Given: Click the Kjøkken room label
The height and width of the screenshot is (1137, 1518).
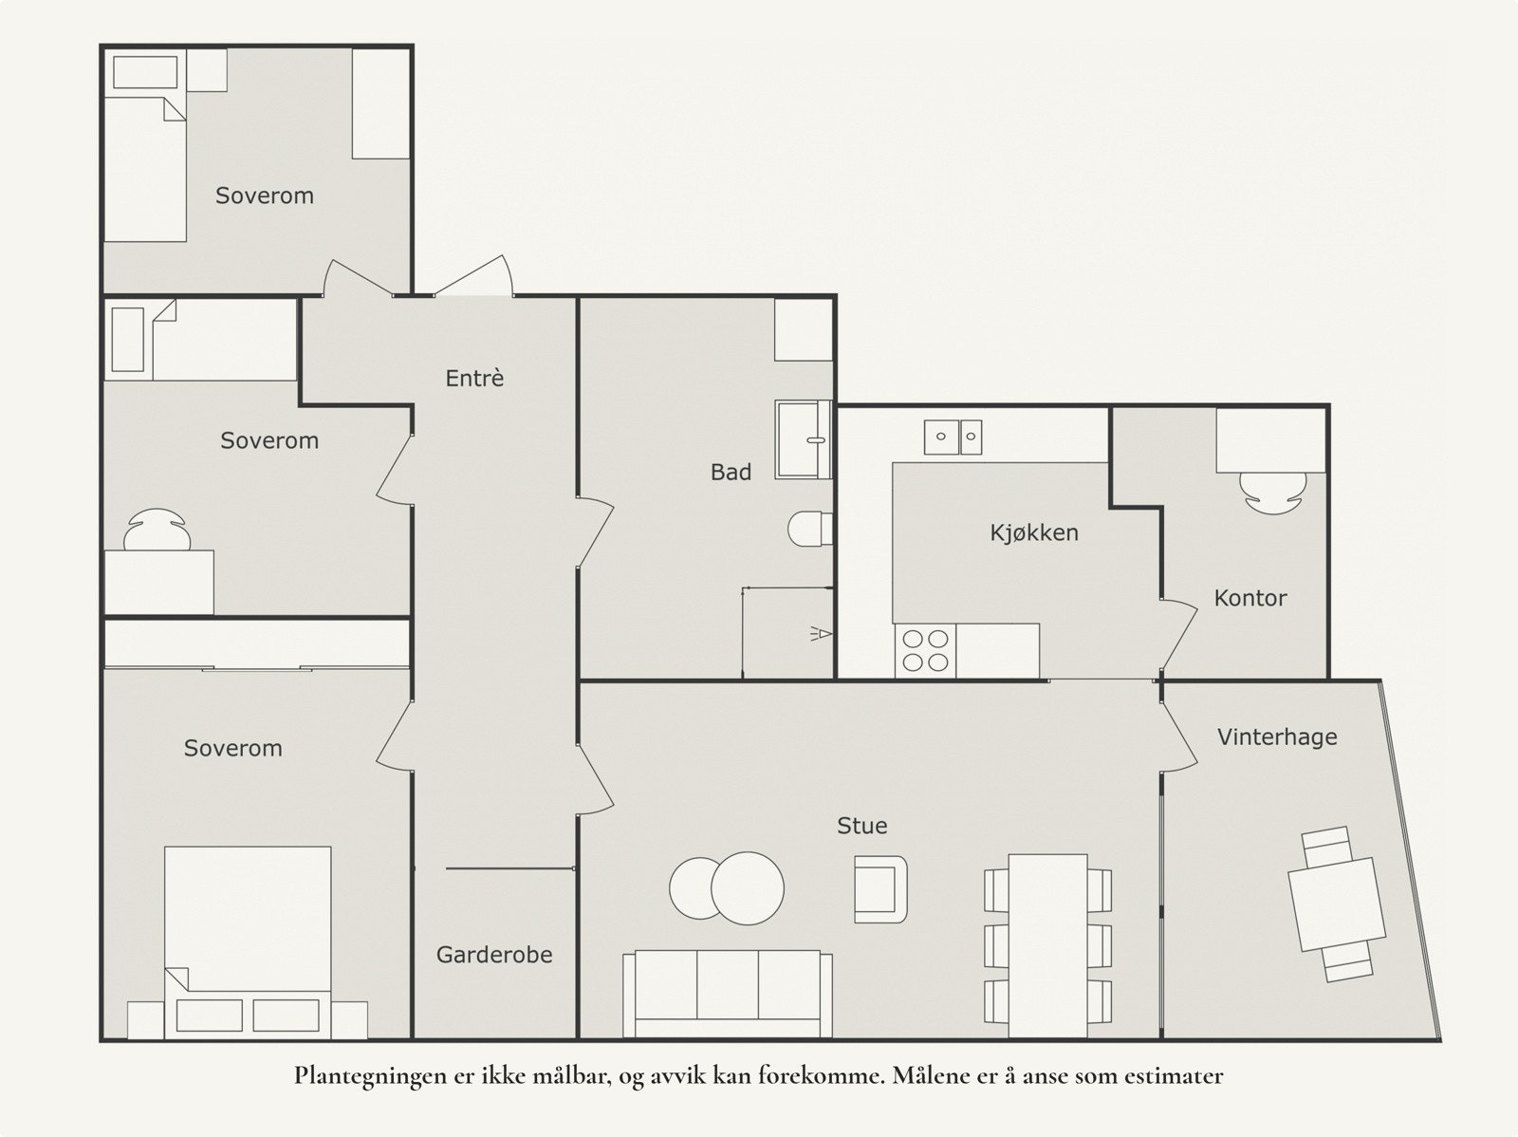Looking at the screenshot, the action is click(x=1034, y=532).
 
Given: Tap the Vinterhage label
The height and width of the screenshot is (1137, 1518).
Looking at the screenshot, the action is click(x=1277, y=736).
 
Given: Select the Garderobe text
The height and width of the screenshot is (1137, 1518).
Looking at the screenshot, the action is click(x=493, y=955).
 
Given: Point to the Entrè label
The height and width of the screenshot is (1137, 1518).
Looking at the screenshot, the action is click(x=474, y=378).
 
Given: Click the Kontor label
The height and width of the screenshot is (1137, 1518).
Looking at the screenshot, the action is click(x=1250, y=598).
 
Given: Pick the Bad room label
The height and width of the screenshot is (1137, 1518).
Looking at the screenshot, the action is click(x=731, y=472).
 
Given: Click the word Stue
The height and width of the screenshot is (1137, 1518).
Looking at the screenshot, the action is click(x=861, y=825).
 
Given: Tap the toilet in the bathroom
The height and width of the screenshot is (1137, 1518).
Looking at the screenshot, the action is click(x=810, y=529).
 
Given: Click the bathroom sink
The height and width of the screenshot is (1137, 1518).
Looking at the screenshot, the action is click(x=803, y=439).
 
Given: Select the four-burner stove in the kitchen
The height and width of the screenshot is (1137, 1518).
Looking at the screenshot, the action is click(x=925, y=651).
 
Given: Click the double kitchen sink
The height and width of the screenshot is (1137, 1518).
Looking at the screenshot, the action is click(x=953, y=438).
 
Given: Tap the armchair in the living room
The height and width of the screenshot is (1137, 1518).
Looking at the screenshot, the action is click(x=880, y=888).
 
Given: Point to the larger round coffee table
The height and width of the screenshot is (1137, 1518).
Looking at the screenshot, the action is click(x=748, y=888).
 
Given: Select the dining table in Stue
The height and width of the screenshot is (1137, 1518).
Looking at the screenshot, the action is click(x=1047, y=945).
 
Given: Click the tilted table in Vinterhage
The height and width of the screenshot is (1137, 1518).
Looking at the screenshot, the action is click(x=1337, y=904).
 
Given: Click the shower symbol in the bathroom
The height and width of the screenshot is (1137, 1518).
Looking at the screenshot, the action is click(x=821, y=633).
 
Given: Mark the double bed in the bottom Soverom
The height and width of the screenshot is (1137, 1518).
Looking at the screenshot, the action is click(x=248, y=942).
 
